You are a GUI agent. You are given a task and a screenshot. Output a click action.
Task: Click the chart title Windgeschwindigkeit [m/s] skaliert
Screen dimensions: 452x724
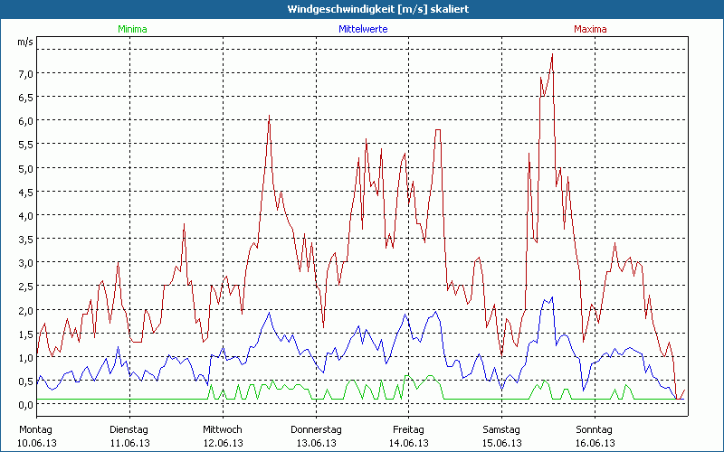[x=361, y=9]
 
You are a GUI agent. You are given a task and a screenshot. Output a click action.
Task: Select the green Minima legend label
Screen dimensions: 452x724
[x=131, y=29]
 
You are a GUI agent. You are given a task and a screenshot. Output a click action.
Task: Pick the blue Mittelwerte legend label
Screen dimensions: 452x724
[x=363, y=29]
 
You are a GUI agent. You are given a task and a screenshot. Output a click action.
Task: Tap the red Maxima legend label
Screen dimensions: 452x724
[x=590, y=29]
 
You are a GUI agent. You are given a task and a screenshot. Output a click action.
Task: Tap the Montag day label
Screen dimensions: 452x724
[x=37, y=429]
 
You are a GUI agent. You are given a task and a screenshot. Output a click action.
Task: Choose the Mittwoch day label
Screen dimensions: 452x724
[x=223, y=429]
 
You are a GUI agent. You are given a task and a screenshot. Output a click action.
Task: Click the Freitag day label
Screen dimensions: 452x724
[x=408, y=429]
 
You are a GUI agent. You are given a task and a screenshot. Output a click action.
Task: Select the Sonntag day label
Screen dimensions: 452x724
[x=595, y=429]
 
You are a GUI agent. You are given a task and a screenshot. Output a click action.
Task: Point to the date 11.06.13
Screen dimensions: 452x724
[x=130, y=443]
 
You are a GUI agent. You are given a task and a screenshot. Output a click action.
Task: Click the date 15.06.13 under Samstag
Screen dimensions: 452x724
[x=501, y=443]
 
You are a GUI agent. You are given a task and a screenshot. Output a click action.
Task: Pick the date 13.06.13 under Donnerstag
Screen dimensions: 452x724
[x=316, y=443]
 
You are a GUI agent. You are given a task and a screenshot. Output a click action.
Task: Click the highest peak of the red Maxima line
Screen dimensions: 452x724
[x=551, y=55]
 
